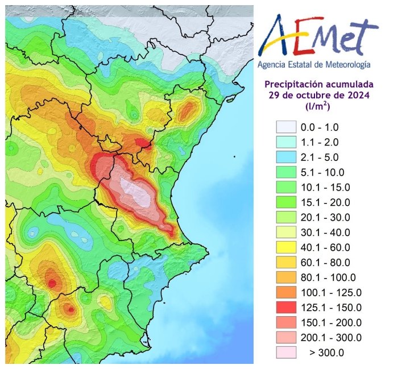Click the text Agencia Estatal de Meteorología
314,65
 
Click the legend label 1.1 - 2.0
328,142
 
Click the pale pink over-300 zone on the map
137,193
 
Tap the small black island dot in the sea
234,157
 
